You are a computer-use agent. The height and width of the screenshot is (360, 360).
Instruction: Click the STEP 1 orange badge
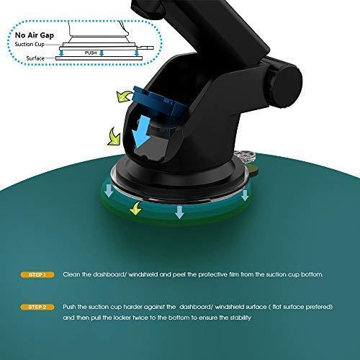(x=37, y=274)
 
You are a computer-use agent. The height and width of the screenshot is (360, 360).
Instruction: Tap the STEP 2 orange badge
(x=37, y=307)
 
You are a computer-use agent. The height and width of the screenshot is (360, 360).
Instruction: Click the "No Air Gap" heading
(x=35, y=35)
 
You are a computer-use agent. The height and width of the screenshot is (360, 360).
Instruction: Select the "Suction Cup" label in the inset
(x=30, y=45)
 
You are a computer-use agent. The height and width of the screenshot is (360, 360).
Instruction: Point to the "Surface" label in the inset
(x=35, y=58)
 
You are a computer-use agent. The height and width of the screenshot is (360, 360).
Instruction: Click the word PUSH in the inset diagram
(x=91, y=53)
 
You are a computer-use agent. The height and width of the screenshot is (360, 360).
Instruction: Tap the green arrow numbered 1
(x=136, y=208)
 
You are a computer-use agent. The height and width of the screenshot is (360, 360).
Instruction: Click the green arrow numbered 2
(x=124, y=96)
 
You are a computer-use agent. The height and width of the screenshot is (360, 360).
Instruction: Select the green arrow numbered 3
(x=114, y=137)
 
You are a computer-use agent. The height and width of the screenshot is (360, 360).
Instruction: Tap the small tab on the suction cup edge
(x=253, y=169)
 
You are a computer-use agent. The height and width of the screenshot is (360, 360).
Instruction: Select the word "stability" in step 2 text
(x=240, y=318)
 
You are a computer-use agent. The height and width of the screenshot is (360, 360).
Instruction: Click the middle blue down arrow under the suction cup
(x=179, y=212)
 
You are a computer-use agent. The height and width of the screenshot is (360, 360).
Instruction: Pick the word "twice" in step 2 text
(x=140, y=318)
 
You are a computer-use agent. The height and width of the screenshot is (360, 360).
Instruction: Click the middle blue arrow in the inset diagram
(x=102, y=53)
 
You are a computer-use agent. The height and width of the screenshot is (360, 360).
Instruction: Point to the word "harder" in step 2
(x=131, y=307)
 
